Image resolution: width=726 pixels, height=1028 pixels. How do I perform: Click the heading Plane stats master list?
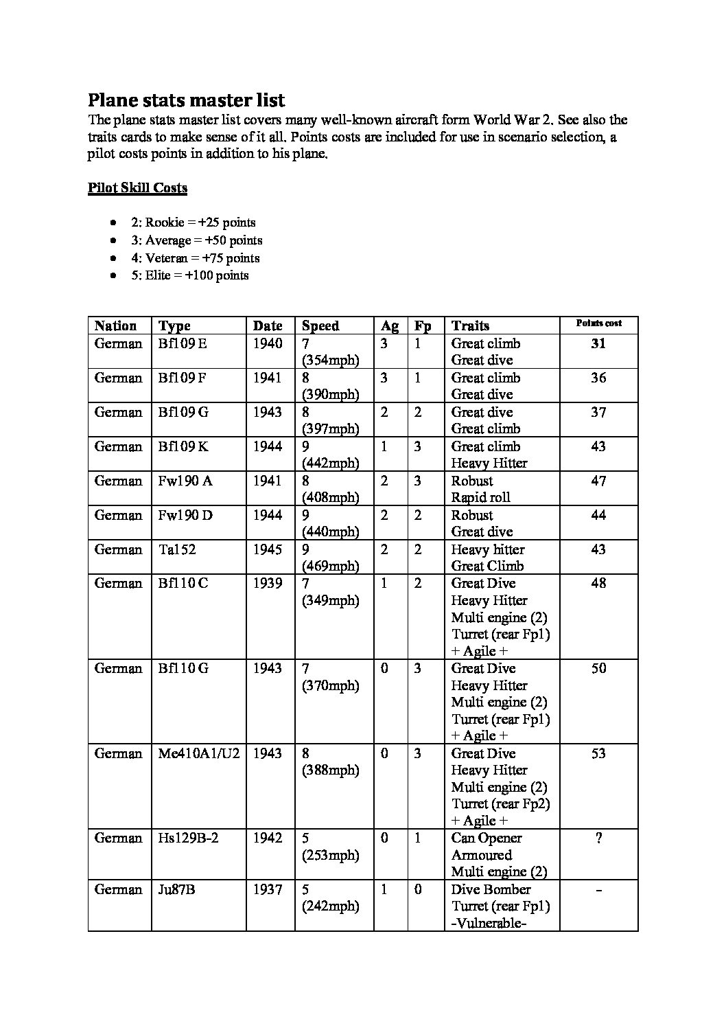pyautogui.click(x=186, y=100)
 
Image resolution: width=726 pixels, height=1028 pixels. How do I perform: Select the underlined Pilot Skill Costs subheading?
pyautogui.click(x=137, y=188)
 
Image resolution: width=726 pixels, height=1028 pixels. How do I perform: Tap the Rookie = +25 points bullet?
pyautogui.click(x=194, y=222)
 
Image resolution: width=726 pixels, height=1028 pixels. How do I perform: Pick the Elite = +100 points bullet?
pyautogui.click(x=197, y=275)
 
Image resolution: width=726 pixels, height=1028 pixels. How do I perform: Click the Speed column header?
pyautogui.click(x=320, y=326)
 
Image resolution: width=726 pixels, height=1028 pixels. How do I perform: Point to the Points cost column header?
pyautogui.click(x=598, y=323)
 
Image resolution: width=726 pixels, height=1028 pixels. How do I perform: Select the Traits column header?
pyautogui.click(x=470, y=326)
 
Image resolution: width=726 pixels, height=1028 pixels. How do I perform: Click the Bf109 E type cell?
pyautogui.click(x=182, y=343)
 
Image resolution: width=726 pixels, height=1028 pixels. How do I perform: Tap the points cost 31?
pyautogui.click(x=598, y=343)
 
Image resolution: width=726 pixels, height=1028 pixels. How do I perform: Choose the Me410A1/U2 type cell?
pyautogui.click(x=199, y=753)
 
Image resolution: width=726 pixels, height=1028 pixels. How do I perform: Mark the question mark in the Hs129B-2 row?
pyautogui.click(x=598, y=838)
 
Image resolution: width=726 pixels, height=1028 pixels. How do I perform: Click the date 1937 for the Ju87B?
pyautogui.click(x=267, y=889)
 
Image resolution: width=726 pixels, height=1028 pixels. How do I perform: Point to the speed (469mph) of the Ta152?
pyautogui.click(x=331, y=566)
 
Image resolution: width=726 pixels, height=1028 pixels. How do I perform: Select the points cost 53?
pyautogui.click(x=598, y=753)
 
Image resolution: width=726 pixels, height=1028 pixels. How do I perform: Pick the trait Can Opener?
pyautogui.click(x=487, y=838)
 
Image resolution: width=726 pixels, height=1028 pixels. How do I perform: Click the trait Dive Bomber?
pyautogui.click(x=491, y=889)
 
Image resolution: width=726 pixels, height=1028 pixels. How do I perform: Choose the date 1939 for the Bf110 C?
pyautogui.click(x=267, y=583)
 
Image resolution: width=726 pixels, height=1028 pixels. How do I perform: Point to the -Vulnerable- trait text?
pyautogui.click(x=489, y=923)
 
